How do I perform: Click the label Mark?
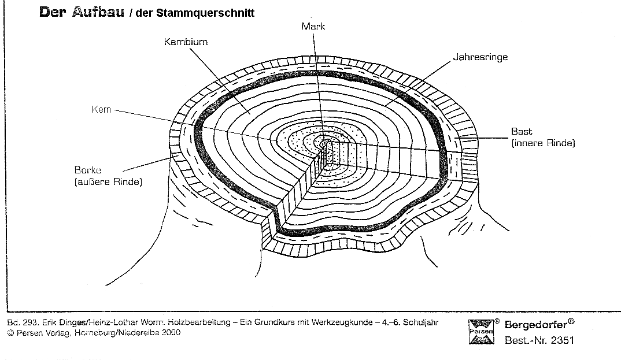(x=313, y=26)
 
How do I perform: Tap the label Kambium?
(x=186, y=42)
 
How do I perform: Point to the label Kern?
(x=101, y=109)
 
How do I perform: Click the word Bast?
(x=521, y=132)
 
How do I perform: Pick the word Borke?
(x=88, y=170)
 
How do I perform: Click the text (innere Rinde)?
(x=543, y=143)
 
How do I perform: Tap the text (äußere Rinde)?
(x=108, y=182)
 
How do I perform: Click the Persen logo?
(x=481, y=331)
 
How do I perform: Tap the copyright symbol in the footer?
(x=10, y=333)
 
